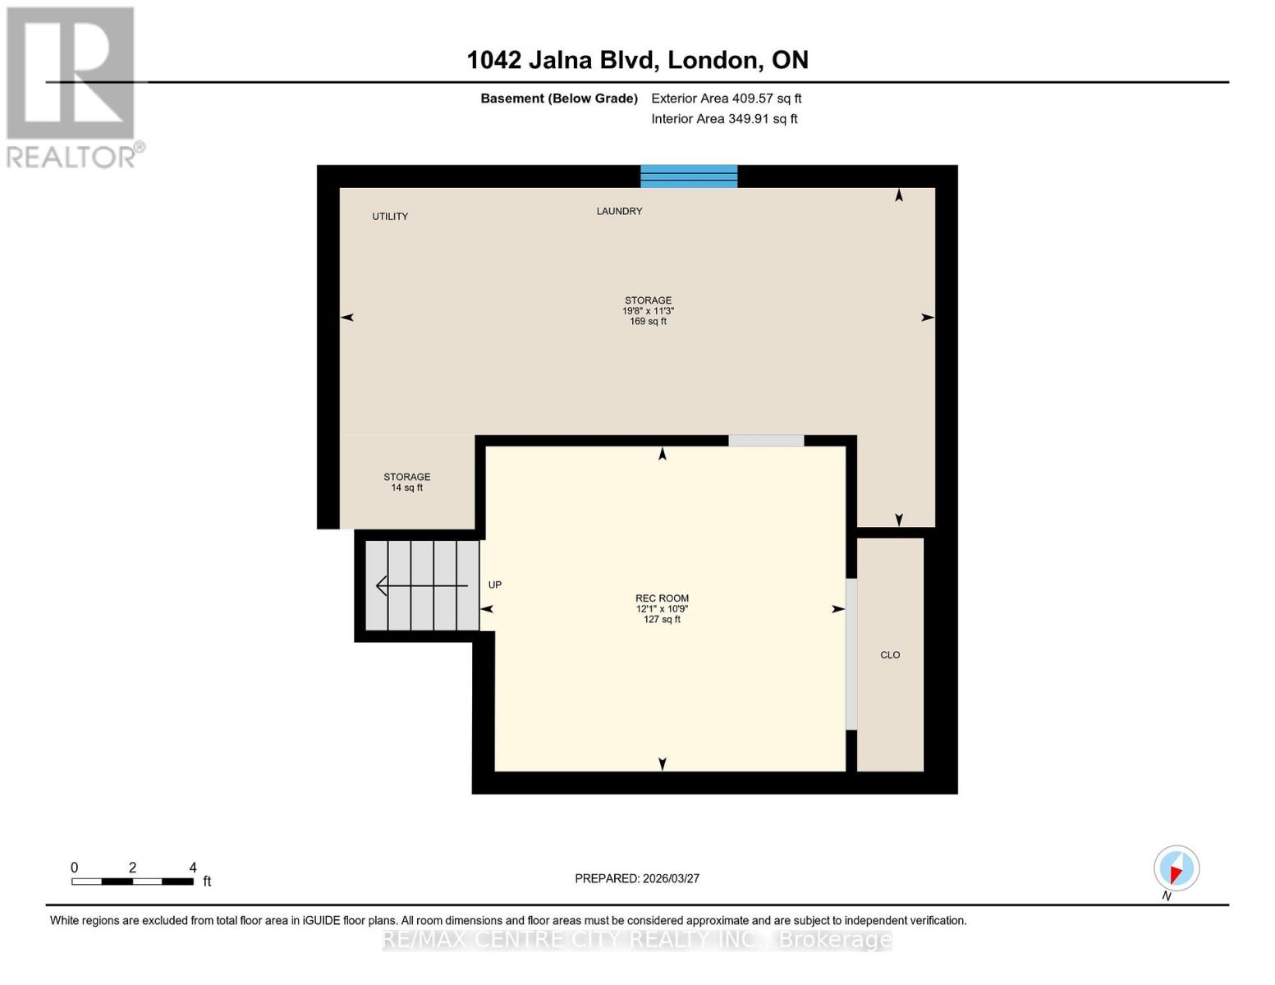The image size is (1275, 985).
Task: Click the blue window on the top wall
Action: click(x=689, y=176)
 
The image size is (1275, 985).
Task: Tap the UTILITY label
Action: click(x=390, y=217)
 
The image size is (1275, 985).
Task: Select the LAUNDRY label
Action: click(x=619, y=212)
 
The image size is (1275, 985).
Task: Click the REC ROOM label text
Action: click(x=662, y=598)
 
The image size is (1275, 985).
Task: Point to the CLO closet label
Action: click(x=890, y=655)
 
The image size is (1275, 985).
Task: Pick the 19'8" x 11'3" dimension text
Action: click(x=648, y=311)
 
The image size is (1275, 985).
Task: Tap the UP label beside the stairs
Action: click(x=495, y=585)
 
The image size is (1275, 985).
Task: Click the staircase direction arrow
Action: click(x=421, y=585)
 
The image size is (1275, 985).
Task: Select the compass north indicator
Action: click(x=1176, y=868)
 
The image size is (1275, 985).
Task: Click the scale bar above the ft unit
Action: click(x=132, y=882)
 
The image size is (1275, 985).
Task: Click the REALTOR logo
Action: click(x=72, y=87)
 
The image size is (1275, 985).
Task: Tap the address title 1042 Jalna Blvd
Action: click(x=637, y=60)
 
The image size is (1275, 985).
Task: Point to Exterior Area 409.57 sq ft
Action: click(x=726, y=98)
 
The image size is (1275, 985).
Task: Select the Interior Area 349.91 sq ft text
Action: click(x=724, y=119)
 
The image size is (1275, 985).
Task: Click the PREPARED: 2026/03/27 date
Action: click(x=637, y=878)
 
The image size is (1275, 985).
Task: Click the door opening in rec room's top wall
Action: click(x=766, y=441)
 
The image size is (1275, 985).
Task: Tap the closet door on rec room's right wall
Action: click(x=851, y=654)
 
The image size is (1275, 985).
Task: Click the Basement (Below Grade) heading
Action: click(x=559, y=98)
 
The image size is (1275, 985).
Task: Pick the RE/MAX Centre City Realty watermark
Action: click(x=637, y=939)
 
